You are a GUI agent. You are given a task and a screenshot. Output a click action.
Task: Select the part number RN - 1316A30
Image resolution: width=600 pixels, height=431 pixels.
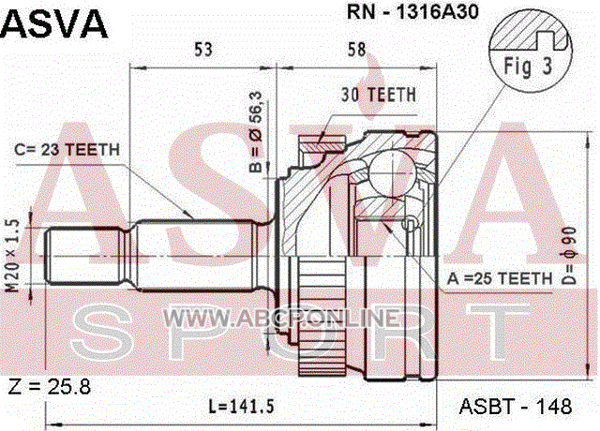(412, 12)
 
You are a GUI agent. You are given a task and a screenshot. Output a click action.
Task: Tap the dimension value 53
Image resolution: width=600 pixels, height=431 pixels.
(202, 50)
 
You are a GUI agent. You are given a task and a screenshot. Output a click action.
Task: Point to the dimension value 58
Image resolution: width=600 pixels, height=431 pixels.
(356, 50)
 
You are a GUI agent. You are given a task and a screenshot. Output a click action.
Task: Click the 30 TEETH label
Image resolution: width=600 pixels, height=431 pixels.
(379, 95)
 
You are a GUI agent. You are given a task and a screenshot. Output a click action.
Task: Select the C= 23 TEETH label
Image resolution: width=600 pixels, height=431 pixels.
(67, 150)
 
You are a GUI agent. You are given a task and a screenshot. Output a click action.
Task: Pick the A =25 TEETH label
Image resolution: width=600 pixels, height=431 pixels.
(500, 278)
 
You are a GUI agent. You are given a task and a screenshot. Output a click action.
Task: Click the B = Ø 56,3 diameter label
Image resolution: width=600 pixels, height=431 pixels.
(256, 131)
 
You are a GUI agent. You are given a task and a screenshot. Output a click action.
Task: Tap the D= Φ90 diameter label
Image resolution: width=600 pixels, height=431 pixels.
(570, 256)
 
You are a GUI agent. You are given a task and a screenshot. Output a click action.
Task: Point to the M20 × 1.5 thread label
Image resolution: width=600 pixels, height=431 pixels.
(13, 256)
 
